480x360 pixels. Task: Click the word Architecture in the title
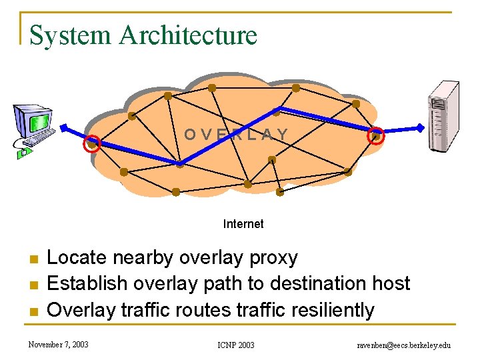pyautogui.click(x=188, y=35)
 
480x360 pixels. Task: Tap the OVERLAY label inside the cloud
pyautogui.click(x=236, y=135)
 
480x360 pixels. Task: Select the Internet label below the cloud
pyautogui.click(x=243, y=224)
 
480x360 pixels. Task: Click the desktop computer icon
pyautogui.click(x=34, y=129)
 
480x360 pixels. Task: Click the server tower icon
pyautogui.click(x=443, y=116)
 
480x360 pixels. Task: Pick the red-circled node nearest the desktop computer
pyautogui.click(x=93, y=143)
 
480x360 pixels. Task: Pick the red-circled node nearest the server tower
pyautogui.click(x=376, y=136)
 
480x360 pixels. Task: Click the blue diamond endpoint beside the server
pyautogui.click(x=421, y=127)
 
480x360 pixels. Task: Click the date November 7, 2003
pyautogui.click(x=59, y=345)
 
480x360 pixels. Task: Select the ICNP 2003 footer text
pyautogui.click(x=236, y=345)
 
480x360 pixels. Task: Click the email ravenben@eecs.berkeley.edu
pyautogui.click(x=404, y=345)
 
